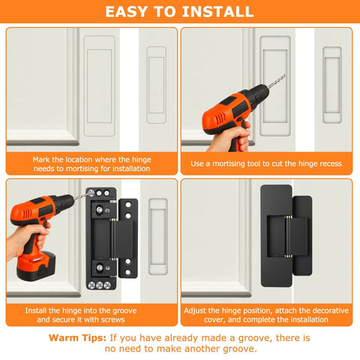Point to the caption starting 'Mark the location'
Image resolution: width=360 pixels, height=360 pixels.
[x=91, y=164]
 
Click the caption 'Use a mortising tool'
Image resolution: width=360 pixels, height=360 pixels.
[x=266, y=163]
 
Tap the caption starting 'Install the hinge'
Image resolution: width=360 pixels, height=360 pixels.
[x=91, y=314]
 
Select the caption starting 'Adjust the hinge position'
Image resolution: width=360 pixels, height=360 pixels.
[x=266, y=314]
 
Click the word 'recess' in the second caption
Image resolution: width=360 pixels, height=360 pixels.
[x=328, y=163]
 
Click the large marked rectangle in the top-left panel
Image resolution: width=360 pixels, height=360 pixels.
[x=99, y=85]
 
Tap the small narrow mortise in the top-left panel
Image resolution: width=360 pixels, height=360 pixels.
[x=156, y=85]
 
